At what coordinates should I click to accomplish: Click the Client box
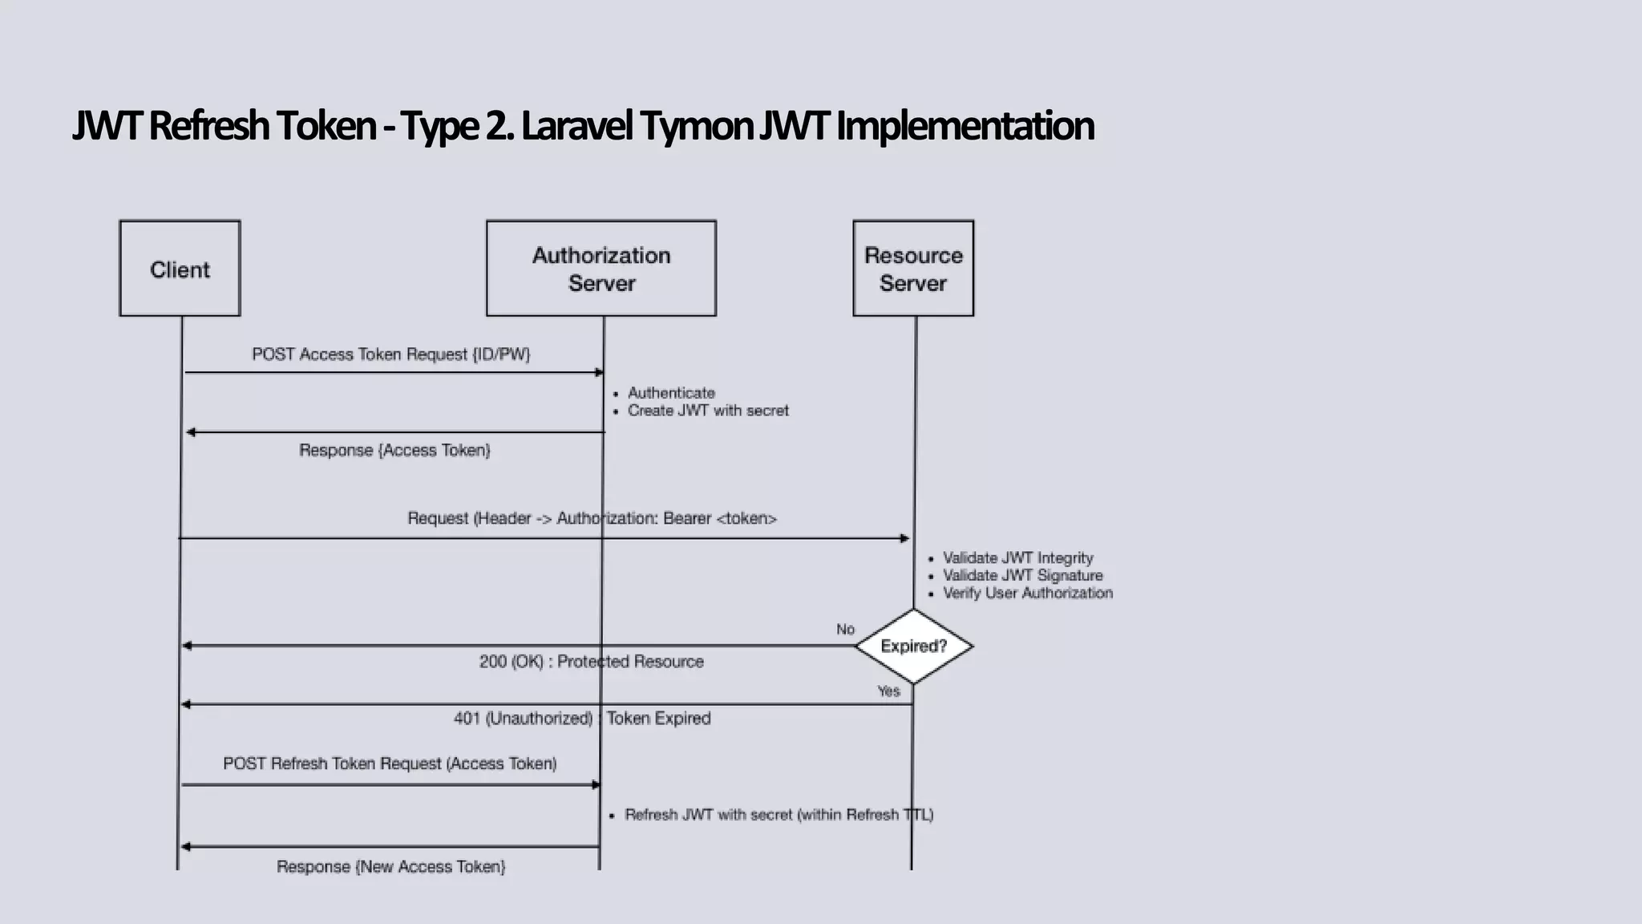(180, 269)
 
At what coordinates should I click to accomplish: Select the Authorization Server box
(601, 269)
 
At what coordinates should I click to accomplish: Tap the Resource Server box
(913, 269)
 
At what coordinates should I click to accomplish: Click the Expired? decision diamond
(913, 646)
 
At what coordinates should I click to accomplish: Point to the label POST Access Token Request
(390, 355)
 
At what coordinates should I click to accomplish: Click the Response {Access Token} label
(394, 451)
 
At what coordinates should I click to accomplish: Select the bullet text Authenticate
(671, 393)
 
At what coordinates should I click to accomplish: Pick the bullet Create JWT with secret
(708, 411)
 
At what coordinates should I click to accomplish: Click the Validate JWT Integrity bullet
(1017, 558)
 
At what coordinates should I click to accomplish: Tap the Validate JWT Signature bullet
(1022, 576)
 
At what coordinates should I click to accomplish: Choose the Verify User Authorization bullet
(1027, 594)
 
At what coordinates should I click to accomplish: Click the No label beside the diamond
(845, 630)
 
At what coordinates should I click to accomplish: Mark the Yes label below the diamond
(888, 691)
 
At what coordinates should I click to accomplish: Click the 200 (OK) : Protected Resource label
(591, 662)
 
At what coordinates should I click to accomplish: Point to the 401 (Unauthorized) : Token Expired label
(582, 719)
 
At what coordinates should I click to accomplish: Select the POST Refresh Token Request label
(390, 764)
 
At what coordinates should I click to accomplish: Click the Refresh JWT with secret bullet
(779, 815)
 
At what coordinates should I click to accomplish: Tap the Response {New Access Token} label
(390, 867)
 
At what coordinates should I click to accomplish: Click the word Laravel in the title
(576, 126)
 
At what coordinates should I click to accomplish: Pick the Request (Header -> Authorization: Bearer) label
(592, 519)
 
